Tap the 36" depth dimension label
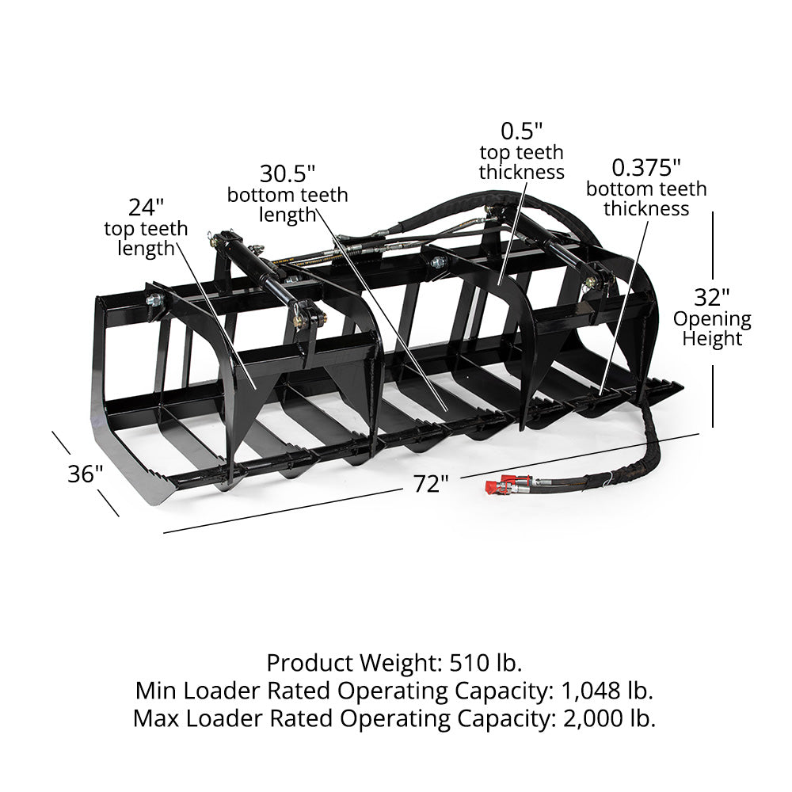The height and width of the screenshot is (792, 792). pyautogui.click(x=85, y=474)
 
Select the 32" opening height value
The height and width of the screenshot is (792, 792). pyautogui.click(x=712, y=298)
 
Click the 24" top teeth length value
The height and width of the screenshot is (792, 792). pyautogui.click(x=146, y=207)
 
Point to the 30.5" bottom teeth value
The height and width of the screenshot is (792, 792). pyautogui.click(x=287, y=173)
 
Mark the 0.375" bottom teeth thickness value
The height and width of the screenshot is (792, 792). pyautogui.click(x=646, y=167)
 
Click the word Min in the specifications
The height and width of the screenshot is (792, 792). pyautogui.click(x=154, y=691)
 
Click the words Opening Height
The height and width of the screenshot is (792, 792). pyautogui.click(x=712, y=329)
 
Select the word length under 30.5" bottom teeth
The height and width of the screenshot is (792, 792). pyautogui.click(x=287, y=215)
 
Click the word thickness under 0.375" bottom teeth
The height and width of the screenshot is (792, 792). pyautogui.click(x=646, y=209)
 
